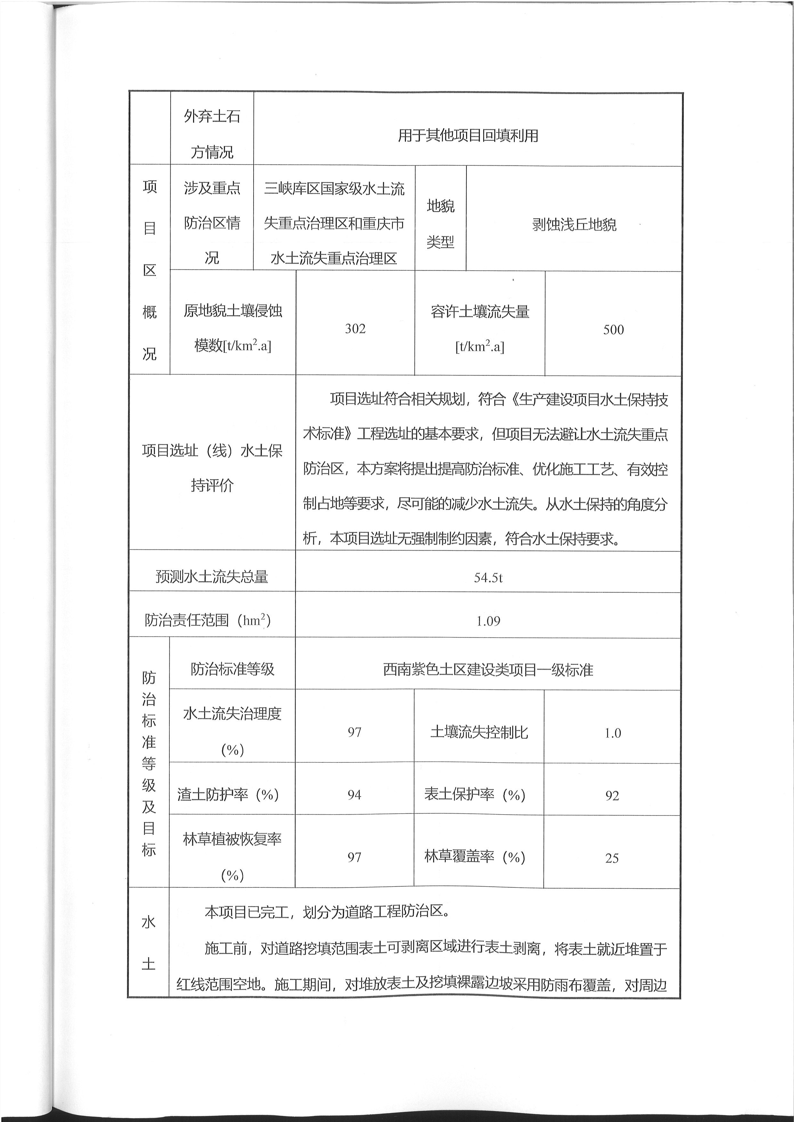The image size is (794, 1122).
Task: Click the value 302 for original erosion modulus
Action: coord(355,329)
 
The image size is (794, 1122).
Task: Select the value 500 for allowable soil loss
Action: coord(613,330)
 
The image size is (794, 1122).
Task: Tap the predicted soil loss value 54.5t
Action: coord(488,577)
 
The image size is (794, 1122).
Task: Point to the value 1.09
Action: coord(488,621)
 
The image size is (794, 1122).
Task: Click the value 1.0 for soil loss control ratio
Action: coord(612,733)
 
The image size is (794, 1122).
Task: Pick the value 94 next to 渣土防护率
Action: coord(354,795)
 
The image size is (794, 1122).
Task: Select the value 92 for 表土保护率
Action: coord(612,796)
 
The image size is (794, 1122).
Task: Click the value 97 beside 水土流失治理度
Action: coord(354,732)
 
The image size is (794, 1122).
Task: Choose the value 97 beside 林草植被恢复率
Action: coord(354,857)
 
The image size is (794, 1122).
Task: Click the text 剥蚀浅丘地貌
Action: coord(574,225)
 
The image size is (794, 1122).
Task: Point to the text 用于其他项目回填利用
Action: coord(468,135)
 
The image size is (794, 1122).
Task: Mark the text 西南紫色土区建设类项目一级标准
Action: coord(488,670)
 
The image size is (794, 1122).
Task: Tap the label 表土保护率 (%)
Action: coord(474,795)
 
